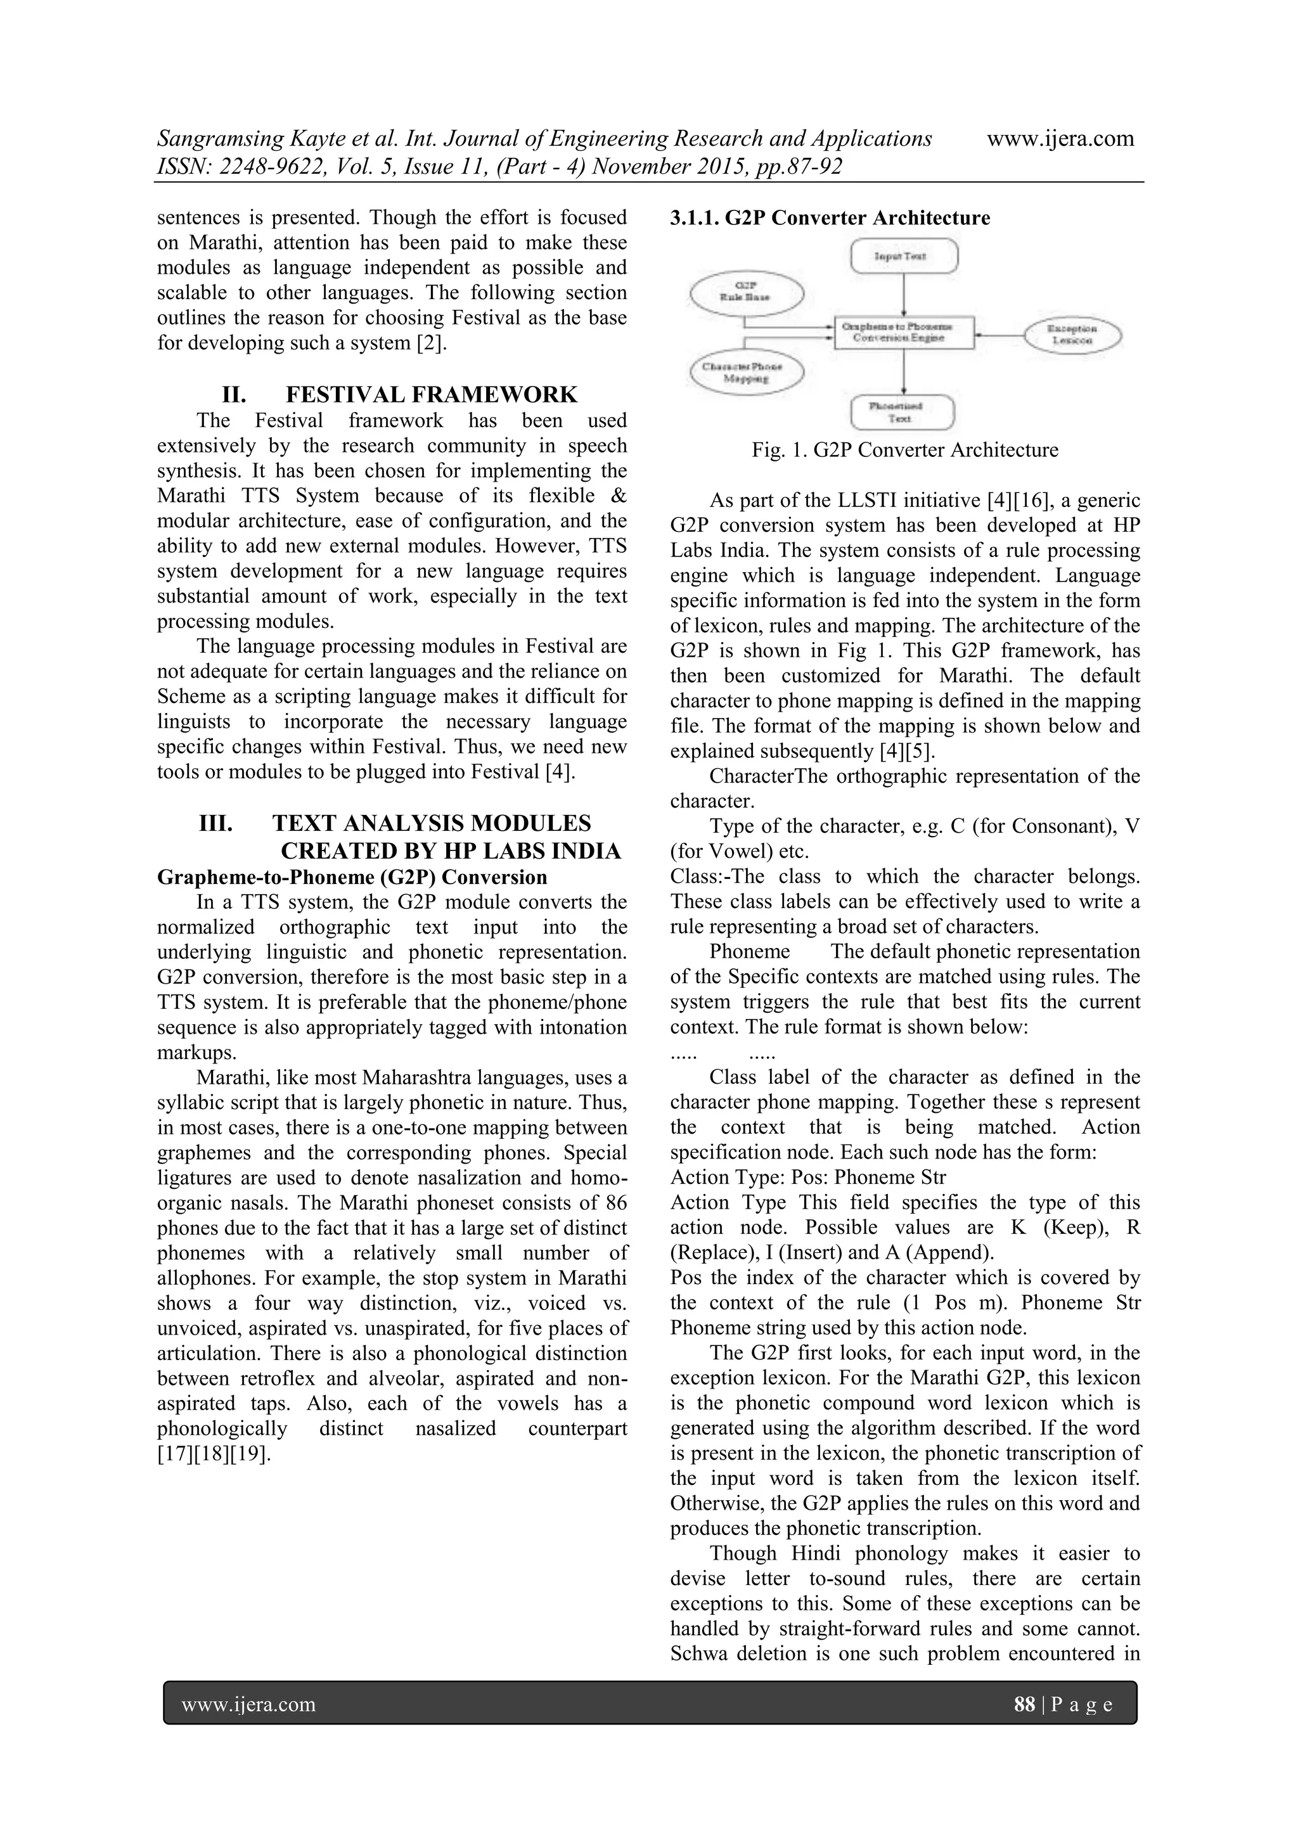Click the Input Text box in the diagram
click(904, 256)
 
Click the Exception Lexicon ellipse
click(1073, 334)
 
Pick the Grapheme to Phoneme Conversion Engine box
click(904, 333)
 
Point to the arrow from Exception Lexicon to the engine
click(999, 334)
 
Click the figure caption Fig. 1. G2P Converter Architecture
click(904, 450)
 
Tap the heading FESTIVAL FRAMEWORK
click(431, 394)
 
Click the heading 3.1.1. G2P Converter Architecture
click(830, 218)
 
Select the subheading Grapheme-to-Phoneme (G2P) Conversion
click(352, 877)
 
